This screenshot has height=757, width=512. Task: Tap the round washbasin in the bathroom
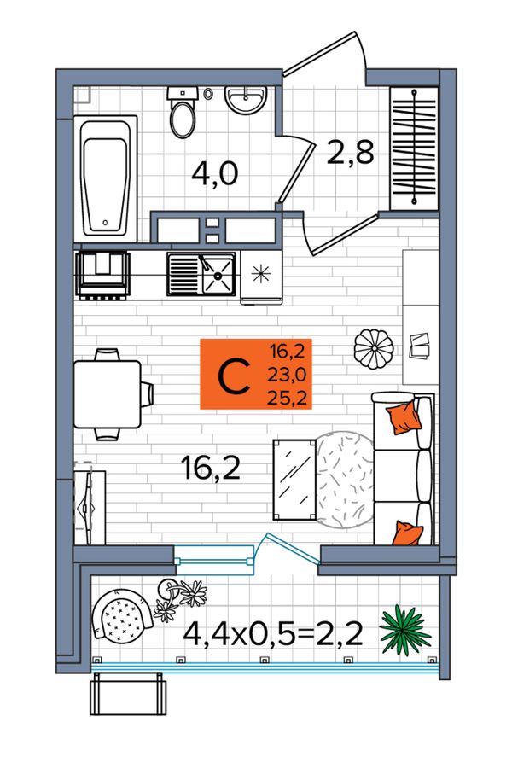[x=246, y=100]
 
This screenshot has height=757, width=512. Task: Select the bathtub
[x=106, y=178]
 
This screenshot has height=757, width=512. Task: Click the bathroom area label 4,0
[x=215, y=174]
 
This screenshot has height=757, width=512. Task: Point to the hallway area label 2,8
[x=351, y=152]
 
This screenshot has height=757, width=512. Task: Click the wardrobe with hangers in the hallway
[x=414, y=148]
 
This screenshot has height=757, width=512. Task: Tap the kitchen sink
[x=201, y=274]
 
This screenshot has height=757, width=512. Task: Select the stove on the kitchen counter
[x=103, y=274]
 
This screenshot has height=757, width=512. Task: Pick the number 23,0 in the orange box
[x=288, y=375]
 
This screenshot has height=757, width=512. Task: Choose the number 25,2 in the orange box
[x=288, y=399]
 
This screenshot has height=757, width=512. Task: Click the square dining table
[x=108, y=394]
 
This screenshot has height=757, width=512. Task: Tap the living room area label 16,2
[x=211, y=468]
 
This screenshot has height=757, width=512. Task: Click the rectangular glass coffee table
[x=294, y=480]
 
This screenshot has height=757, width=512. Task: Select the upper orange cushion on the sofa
[x=404, y=417]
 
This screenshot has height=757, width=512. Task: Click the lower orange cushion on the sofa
[x=408, y=533]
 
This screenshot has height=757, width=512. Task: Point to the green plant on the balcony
[x=404, y=630]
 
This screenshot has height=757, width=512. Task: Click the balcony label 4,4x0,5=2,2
[x=273, y=634]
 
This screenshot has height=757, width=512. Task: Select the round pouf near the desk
[x=374, y=349]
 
